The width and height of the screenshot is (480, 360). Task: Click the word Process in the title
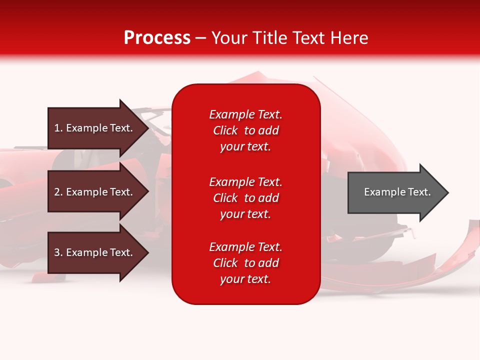coord(157,38)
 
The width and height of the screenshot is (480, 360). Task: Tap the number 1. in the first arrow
coord(58,128)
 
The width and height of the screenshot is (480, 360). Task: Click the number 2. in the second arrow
coord(58,192)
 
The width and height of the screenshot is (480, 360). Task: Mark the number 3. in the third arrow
coord(58,252)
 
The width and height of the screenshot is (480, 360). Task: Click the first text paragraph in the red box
coord(245,130)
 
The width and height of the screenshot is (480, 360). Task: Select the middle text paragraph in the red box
coord(245,198)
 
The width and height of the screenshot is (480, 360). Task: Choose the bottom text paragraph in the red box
coord(245,263)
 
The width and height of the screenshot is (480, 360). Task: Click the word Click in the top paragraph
coord(225,130)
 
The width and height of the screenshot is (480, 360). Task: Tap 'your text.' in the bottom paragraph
coord(245,279)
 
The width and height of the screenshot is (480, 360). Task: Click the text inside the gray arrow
coord(397,192)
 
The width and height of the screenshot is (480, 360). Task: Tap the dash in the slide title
coord(200,38)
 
